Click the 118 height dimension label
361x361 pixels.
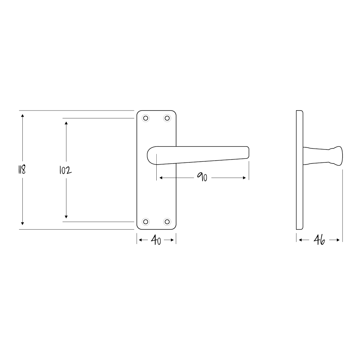coord(22,170)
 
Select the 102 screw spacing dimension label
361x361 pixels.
coord(65,170)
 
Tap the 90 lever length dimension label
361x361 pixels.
coord(202,177)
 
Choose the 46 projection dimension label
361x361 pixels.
coord(319,240)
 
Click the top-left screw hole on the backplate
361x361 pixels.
coord(146,118)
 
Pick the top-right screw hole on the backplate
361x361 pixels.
coord(167,118)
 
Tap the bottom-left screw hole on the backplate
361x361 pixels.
coord(146,221)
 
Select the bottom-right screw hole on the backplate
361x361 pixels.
coord(167,221)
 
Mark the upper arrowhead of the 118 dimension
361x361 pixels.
coord(22,116)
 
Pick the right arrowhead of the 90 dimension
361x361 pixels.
coord(245,178)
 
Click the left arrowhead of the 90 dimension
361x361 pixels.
coord(161,178)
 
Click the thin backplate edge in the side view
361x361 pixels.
coord(299,170)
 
